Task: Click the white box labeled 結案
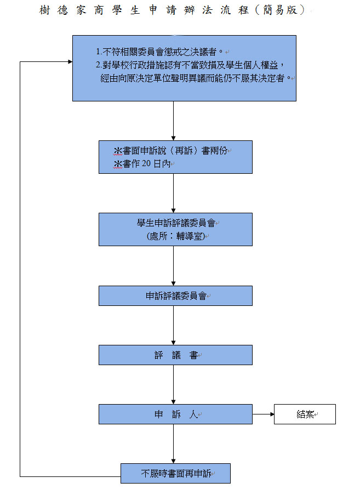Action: [x=305, y=414]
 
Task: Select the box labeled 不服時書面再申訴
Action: [x=175, y=474]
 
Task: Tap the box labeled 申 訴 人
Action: [x=175, y=414]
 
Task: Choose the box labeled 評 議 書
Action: [x=175, y=355]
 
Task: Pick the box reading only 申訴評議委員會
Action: [x=175, y=296]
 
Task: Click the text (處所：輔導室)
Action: [x=175, y=236]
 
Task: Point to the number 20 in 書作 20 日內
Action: [x=146, y=163]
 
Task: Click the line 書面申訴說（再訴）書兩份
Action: [x=170, y=151]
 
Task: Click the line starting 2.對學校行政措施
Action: [x=190, y=65]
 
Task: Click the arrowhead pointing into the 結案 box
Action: [x=272, y=414]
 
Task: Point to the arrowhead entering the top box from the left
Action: [x=70, y=61]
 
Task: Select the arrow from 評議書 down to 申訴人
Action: [x=173, y=384]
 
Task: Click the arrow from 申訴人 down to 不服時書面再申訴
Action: [x=173, y=444]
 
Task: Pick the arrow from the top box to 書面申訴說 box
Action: [x=173, y=121]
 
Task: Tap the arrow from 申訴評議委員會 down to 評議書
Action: [x=173, y=325]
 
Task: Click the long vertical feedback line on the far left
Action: [x=20, y=269]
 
